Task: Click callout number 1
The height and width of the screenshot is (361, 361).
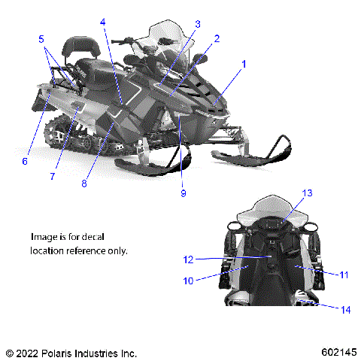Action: coord(243,65)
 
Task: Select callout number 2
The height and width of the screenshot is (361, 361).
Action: coord(217,38)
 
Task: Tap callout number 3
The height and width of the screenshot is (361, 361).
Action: coord(197,24)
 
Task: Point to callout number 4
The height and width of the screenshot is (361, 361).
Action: coord(103,22)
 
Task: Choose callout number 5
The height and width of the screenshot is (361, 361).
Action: coord(42,38)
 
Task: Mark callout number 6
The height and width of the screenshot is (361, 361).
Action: coord(25,161)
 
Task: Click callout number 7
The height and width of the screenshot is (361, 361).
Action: coord(53,176)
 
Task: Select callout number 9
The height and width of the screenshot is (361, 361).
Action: coord(183,193)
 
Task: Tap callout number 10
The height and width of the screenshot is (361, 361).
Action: coord(188,281)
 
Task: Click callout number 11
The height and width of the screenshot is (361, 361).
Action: coord(344,275)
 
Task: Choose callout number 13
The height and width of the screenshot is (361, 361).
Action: coord(307,193)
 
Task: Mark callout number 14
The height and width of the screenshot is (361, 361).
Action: coord(345,309)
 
